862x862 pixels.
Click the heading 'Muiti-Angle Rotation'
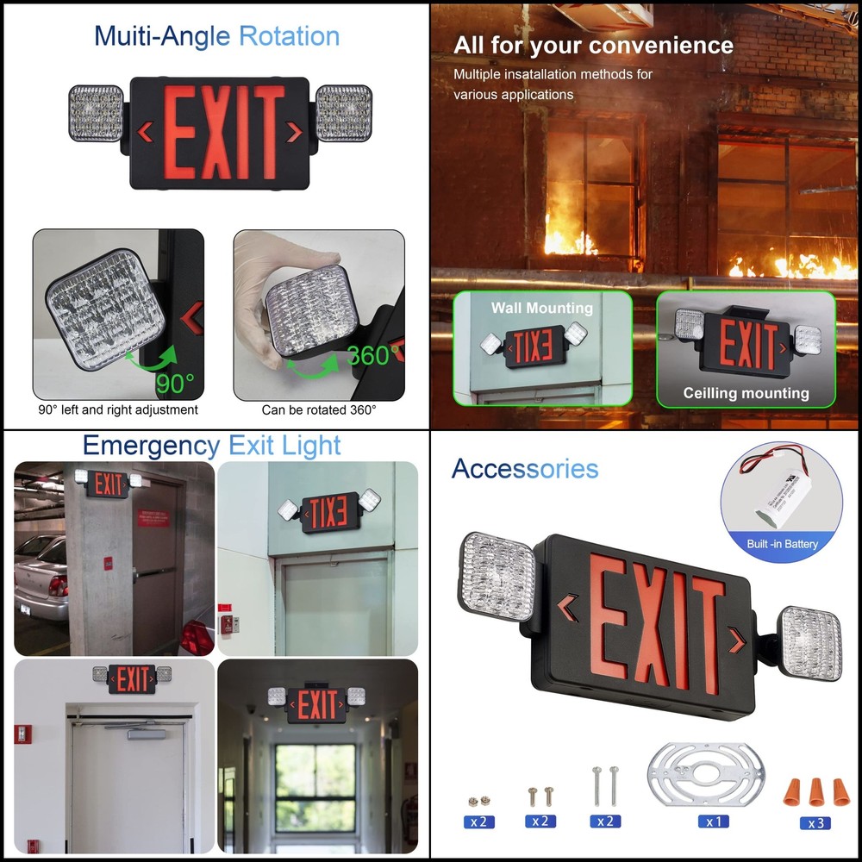pos(216,36)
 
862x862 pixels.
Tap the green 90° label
pos(175,383)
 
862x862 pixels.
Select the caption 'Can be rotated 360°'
pos(319,410)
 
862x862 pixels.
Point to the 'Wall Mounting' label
pos(542,308)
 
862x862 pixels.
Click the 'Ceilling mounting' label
pos(746,393)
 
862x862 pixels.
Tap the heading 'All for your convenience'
pos(593,45)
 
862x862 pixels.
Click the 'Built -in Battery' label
pos(783,544)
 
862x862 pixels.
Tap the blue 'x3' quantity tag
pos(815,823)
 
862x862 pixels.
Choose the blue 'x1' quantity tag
pos(714,821)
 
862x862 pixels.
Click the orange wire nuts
pos(815,790)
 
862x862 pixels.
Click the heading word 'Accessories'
pos(524,469)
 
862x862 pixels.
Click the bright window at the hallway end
pos(315,786)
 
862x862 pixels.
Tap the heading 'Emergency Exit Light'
pos(212,446)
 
